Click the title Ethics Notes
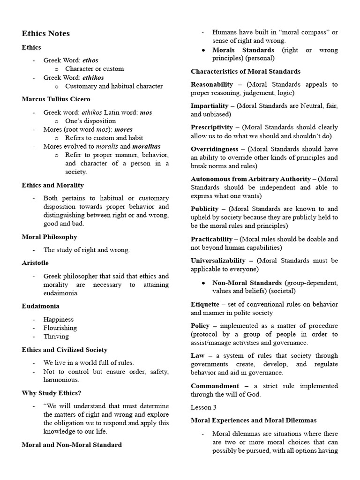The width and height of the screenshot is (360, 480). [45, 34]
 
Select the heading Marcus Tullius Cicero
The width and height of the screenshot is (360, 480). [56, 99]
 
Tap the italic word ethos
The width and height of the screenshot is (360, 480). [90, 60]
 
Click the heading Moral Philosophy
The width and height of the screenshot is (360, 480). [49, 237]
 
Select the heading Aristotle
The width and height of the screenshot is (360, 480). [35, 263]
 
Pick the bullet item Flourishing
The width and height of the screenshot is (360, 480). [60, 328]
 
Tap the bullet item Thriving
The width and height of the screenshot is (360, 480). [56, 337]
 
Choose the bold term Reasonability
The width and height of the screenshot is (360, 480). [212, 84]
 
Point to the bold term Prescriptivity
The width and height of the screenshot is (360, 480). [212, 127]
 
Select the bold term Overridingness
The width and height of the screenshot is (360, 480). [214, 149]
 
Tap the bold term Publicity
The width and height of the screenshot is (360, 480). [205, 209]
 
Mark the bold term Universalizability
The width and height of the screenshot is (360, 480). [218, 261]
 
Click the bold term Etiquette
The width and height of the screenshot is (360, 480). [205, 304]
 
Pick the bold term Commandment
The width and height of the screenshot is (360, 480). [215, 386]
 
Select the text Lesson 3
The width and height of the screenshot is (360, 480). [203, 407]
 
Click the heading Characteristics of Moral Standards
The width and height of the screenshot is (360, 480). [246, 72]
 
